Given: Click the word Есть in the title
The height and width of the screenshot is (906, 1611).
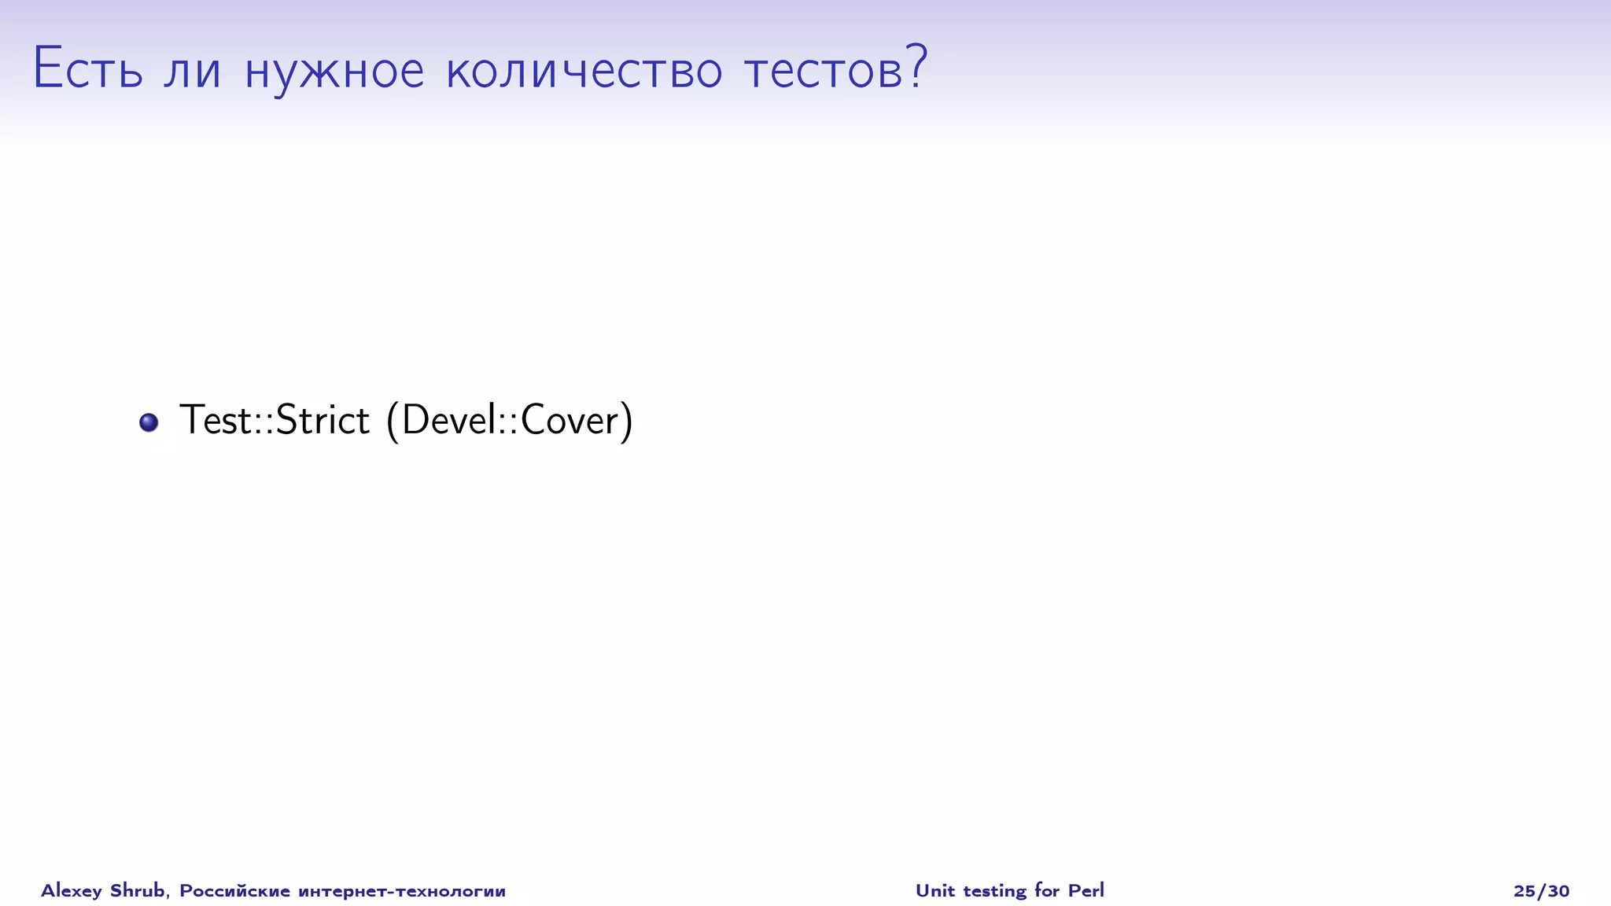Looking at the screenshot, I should pyautogui.click(x=87, y=68).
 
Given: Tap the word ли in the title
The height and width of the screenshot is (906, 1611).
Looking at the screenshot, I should pyautogui.click(x=193, y=70).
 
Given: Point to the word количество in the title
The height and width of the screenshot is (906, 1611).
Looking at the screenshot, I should pyautogui.click(x=584, y=70).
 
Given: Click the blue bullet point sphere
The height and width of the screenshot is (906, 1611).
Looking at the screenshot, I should pyautogui.click(x=149, y=422).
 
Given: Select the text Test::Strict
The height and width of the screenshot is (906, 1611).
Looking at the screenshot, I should pyautogui.click(x=275, y=420).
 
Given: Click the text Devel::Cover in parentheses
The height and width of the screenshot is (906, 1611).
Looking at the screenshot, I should pyautogui.click(x=509, y=420).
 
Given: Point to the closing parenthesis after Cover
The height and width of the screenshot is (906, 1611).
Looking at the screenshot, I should pyautogui.click(x=626, y=421).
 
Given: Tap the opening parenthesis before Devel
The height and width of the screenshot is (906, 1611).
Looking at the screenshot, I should pyautogui.click(x=392, y=421).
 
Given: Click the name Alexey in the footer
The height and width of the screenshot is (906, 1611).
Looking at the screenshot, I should pyautogui.click(x=71, y=891).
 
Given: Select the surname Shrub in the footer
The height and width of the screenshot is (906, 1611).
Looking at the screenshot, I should pyautogui.click(x=138, y=890).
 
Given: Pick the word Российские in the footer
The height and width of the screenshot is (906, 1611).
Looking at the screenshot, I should pyautogui.click(x=234, y=891).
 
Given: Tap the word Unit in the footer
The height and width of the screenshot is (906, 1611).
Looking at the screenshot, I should pyautogui.click(x=935, y=890).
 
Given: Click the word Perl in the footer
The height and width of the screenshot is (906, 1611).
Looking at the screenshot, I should pyautogui.click(x=1086, y=890).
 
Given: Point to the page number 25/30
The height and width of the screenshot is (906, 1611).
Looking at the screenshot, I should pyautogui.click(x=1541, y=891).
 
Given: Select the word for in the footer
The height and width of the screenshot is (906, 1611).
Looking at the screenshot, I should pyautogui.click(x=1047, y=890).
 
